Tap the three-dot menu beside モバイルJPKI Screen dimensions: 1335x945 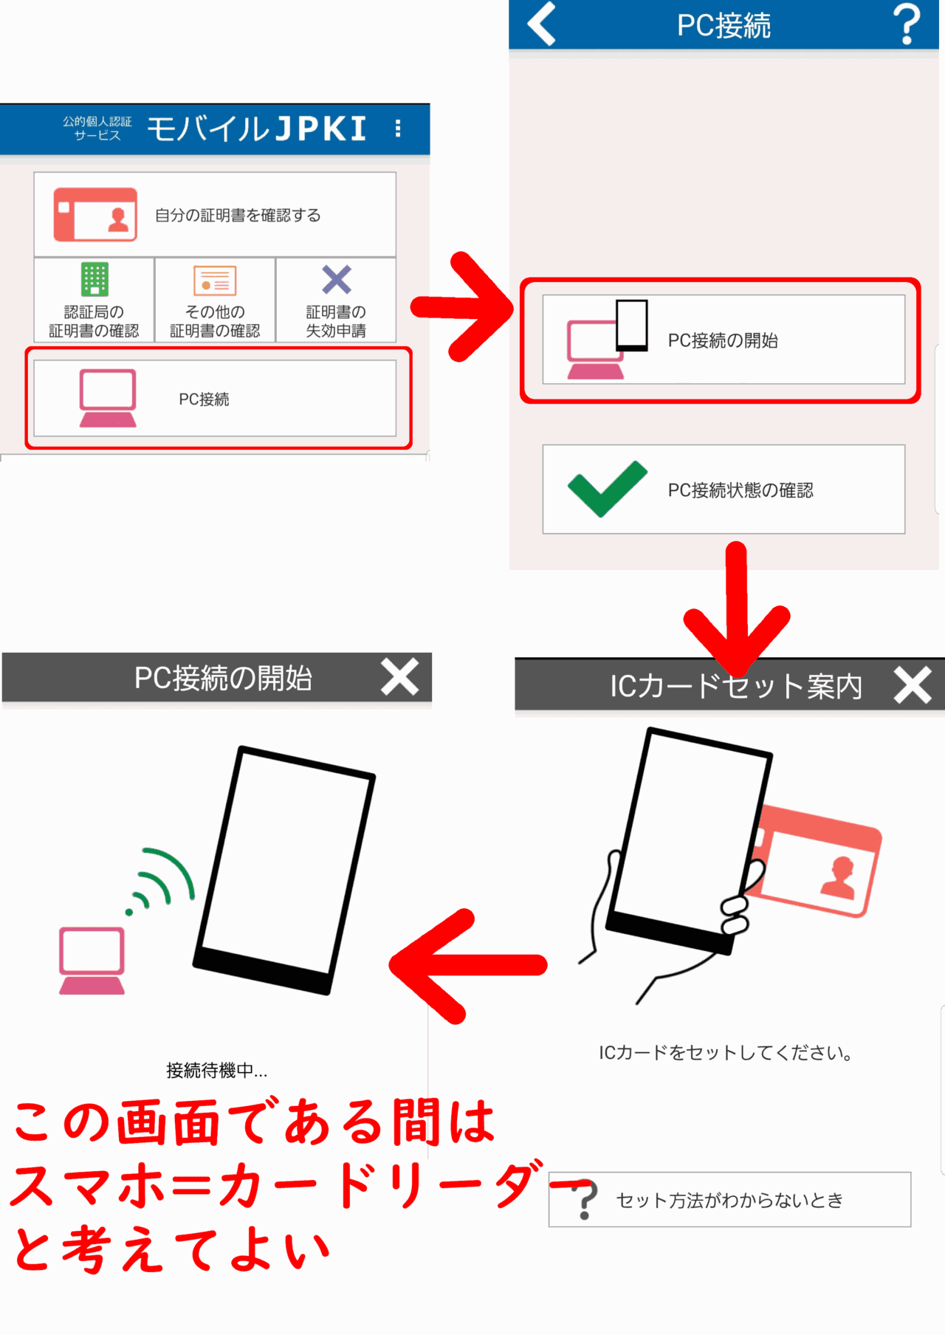[398, 128]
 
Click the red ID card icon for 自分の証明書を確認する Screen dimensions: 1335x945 [95, 215]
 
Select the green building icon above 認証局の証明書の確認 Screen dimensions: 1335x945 [94, 279]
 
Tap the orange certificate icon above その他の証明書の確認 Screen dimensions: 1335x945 [215, 281]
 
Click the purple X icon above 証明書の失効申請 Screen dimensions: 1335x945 [337, 280]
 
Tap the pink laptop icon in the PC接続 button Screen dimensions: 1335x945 [108, 399]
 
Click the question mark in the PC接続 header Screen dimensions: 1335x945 [907, 24]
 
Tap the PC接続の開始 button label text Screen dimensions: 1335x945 [723, 340]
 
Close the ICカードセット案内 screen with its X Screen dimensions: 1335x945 [913, 685]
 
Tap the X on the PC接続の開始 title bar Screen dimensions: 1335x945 [399, 676]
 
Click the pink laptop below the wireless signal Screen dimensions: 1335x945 [92, 961]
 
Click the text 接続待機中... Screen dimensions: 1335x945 [216, 1070]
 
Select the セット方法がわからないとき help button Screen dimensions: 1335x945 [729, 1200]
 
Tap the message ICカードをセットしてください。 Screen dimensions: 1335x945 [726, 1053]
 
